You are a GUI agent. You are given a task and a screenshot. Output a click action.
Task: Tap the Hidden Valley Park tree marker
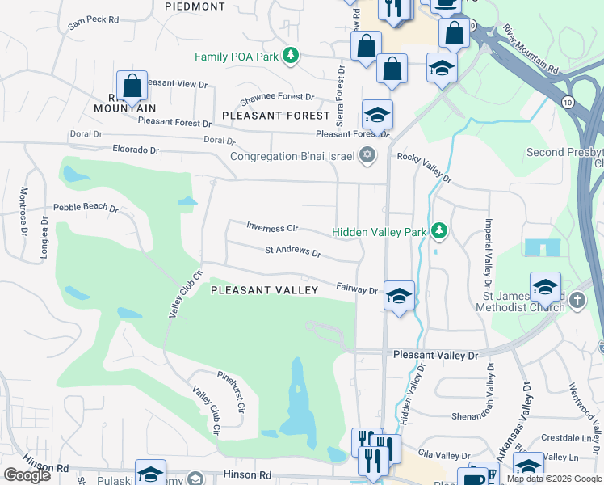[438, 232]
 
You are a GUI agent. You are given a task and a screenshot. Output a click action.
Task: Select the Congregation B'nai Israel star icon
[367, 155]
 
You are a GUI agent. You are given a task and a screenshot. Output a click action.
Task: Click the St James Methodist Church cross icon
[577, 301]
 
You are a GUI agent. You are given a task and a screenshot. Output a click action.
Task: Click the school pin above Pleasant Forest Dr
[377, 114]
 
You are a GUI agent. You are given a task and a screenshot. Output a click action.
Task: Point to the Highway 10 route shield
[568, 101]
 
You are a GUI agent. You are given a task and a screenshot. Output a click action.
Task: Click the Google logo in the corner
[27, 474]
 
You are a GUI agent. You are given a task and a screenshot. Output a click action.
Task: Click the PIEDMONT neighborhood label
[195, 6]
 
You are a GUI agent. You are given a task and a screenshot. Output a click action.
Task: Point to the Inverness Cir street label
[272, 229]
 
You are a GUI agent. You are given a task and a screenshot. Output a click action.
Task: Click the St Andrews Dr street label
[293, 251]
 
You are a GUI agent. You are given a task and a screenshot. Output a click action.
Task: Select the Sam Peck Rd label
[93, 21]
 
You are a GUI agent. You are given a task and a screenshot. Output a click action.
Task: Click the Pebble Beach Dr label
[86, 207]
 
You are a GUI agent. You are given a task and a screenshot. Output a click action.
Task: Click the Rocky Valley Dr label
[424, 167]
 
